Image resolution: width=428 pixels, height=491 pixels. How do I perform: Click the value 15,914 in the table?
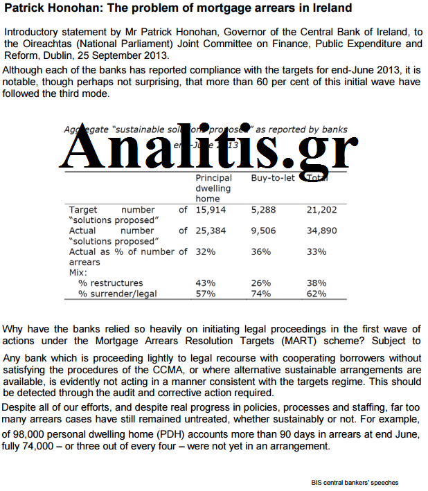coord(211,209)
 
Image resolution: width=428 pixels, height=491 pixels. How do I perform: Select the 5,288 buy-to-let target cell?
coord(263,209)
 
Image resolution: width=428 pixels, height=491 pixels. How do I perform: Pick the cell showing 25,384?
coord(211,231)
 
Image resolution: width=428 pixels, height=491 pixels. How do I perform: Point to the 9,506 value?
coord(263,231)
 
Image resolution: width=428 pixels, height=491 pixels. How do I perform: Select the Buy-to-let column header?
coord(273,178)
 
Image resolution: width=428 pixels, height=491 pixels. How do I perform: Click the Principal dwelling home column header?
coord(214,188)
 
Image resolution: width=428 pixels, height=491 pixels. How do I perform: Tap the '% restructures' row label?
coord(110,283)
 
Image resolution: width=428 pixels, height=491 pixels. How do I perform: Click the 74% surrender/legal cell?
coord(260,294)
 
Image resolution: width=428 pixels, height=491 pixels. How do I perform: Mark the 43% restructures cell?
coord(206,283)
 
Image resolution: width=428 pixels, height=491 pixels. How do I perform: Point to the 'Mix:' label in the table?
coord(79,273)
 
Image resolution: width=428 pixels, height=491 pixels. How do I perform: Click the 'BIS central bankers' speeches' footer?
coord(355,483)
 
